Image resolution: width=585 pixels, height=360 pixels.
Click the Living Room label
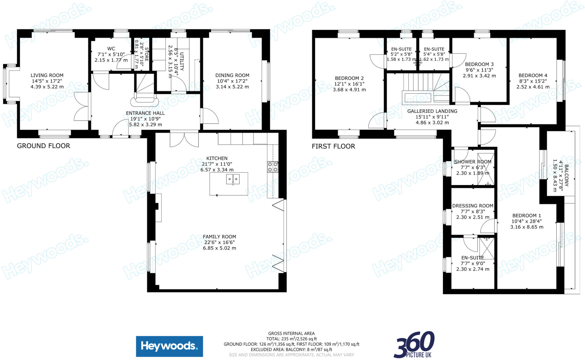pyautogui.click(x=47, y=75)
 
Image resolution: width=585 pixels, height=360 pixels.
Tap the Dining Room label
pyautogui.click(x=232, y=75)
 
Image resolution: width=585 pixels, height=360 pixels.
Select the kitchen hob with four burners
pyautogui.click(x=273, y=167)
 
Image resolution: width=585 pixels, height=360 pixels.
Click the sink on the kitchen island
pyautogui.click(x=233, y=179)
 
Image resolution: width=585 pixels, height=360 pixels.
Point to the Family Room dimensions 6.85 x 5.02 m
pyautogui.click(x=219, y=248)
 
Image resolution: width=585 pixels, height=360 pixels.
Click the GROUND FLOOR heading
pyautogui.click(x=43, y=146)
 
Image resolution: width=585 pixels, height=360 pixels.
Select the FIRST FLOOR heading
pyautogui.click(x=333, y=146)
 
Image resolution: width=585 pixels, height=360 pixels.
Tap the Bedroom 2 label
pyautogui.click(x=349, y=78)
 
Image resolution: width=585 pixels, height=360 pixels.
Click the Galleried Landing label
pyautogui.click(x=432, y=111)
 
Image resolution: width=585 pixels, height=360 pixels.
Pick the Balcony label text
pyautogui.click(x=566, y=175)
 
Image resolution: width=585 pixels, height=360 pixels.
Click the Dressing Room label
pyautogui.click(x=473, y=206)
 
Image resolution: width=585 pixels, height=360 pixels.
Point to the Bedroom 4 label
pyautogui.click(x=533, y=75)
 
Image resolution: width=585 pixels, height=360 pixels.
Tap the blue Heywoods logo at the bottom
pyautogui.click(x=169, y=346)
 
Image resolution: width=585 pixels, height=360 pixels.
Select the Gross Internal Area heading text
pyautogui.click(x=291, y=333)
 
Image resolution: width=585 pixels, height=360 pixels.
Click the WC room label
pyautogui.click(x=111, y=49)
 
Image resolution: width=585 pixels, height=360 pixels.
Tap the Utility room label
pyautogui.click(x=182, y=61)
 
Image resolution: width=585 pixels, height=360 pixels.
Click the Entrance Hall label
pyautogui.click(x=145, y=113)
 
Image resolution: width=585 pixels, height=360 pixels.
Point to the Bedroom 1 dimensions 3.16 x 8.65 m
pyautogui.click(x=527, y=227)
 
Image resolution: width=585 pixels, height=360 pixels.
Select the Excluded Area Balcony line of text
pyautogui.click(x=291, y=349)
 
